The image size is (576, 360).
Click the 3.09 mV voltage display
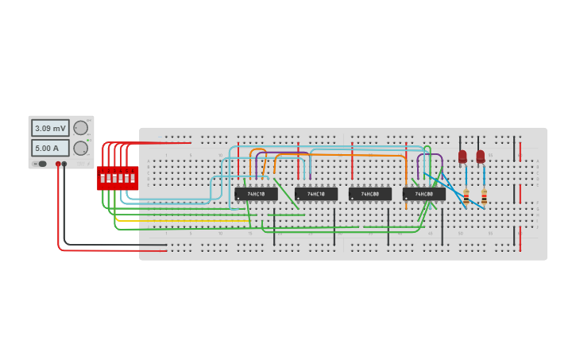(x=50, y=128)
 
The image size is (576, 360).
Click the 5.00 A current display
(x=50, y=148)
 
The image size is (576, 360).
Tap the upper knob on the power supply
(x=80, y=128)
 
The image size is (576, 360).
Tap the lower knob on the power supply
(x=80, y=148)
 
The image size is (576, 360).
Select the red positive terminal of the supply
(x=58, y=164)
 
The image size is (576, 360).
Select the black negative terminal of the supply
(x=64, y=164)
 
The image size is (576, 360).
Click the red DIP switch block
(x=118, y=178)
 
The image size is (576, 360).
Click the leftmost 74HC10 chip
(x=256, y=194)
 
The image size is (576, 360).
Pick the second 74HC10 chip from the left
(x=315, y=194)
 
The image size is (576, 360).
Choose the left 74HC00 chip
(x=369, y=194)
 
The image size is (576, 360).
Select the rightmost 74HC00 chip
(x=423, y=194)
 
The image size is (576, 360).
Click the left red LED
(x=462, y=157)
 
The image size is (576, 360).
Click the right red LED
(x=480, y=157)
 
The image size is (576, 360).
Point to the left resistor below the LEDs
(x=466, y=195)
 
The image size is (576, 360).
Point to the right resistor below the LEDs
(x=484, y=195)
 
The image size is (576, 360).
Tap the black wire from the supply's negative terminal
(x=111, y=245)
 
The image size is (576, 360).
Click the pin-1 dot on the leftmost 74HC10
(x=238, y=199)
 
